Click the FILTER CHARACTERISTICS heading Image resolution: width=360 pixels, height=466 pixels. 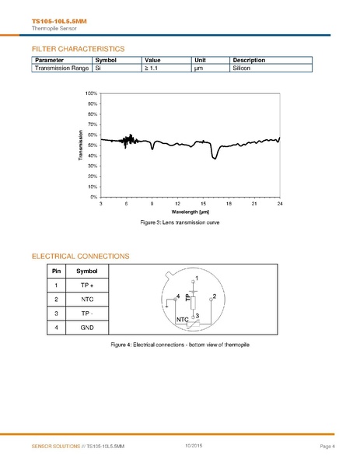point(78,48)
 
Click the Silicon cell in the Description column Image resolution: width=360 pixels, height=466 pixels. point(244,68)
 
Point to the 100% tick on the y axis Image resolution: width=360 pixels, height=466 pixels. point(91,93)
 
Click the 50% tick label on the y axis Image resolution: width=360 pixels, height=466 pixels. point(92,145)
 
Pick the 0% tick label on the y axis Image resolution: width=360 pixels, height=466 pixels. point(93,197)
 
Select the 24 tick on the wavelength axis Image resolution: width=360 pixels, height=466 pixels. point(279,204)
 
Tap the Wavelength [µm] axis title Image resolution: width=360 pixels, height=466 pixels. point(190,212)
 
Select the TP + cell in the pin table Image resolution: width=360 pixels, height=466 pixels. point(87,285)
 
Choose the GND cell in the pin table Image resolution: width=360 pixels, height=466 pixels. point(87,328)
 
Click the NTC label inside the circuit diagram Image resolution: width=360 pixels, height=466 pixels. point(183,319)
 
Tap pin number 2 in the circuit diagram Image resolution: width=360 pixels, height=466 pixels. point(214,296)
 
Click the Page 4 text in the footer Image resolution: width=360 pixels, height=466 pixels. point(327,446)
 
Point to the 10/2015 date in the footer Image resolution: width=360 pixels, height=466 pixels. point(194,444)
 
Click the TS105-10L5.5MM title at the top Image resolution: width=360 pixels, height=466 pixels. point(54,21)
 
